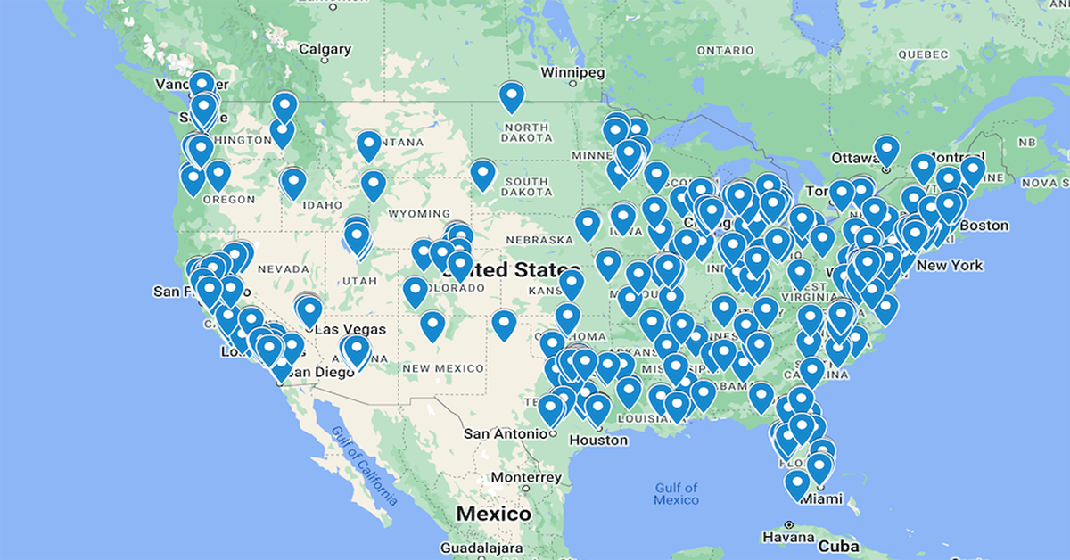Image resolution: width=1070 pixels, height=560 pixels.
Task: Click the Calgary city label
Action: pyautogui.click(x=326, y=50)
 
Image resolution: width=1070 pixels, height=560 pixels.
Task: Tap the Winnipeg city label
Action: pyautogui.click(x=572, y=71)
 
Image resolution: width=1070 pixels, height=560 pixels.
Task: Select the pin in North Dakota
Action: pyautogui.click(x=511, y=96)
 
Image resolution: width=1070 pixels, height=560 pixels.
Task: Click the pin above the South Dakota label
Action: pyautogui.click(x=482, y=173)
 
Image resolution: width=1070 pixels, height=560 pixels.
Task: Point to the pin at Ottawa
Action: pyautogui.click(x=885, y=151)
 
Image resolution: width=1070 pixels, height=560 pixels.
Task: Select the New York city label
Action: pyautogui.click(x=950, y=265)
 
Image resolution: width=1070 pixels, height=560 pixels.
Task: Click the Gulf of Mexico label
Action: pyautogui.click(x=675, y=493)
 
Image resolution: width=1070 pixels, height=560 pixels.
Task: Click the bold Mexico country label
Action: pyautogui.click(x=493, y=515)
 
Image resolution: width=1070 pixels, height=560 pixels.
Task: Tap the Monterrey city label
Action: pyautogui.click(x=526, y=478)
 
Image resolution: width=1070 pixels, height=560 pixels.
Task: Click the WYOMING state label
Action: pyautogui.click(x=420, y=214)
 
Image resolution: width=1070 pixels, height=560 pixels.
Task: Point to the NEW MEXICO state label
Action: pyautogui.click(x=443, y=368)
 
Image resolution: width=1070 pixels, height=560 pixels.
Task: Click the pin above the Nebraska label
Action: pyautogui.click(x=588, y=224)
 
